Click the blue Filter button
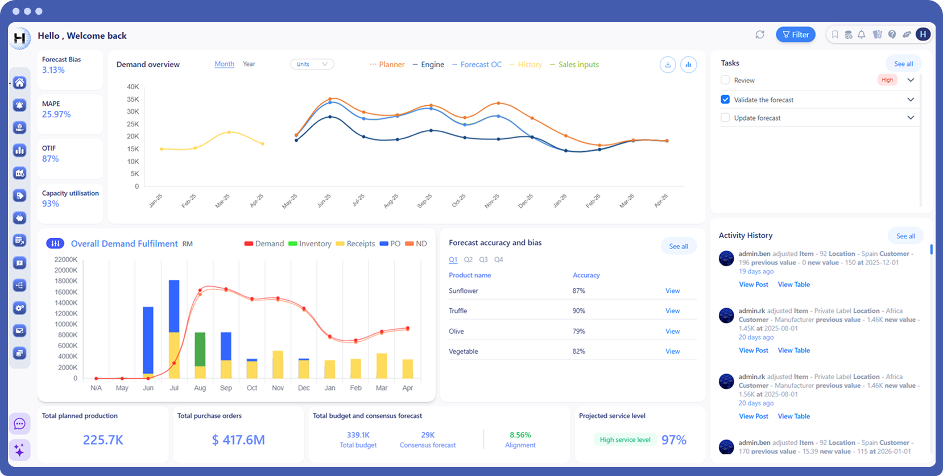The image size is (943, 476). (x=795, y=35)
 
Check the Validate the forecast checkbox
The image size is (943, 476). (x=725, y=100)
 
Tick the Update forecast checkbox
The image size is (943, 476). (x=725, y=118)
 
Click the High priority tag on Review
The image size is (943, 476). (x=887, y=80)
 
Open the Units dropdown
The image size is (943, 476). (x=312, y=64)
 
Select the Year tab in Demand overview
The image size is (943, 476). (x=249, y=64)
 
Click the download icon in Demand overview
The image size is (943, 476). (x=668, y=65)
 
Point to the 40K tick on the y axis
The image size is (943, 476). (x=133, y=86)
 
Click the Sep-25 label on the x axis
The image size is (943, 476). (x=424, y=201)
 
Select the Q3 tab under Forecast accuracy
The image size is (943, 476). (x=483, y=259)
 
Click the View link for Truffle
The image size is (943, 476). (x=672, y=311)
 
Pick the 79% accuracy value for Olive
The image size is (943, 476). (x=578, y=331)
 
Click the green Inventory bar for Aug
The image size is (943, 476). (x=200, y=349)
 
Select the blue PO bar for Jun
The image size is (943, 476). (x=148, y=340)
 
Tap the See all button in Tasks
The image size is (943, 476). (x=903, y=64)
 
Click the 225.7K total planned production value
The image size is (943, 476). (x=103, y=440)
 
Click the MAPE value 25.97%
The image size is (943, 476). (x=56, y=114)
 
